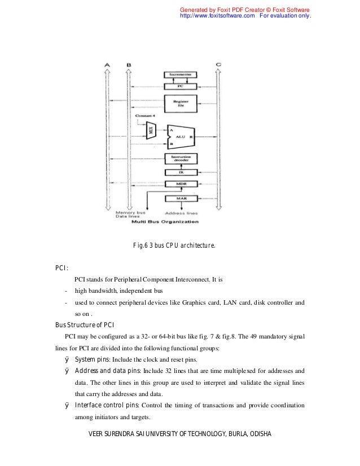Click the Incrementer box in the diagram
pos(181,74)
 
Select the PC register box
pos(181,86)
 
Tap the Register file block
pos(181,103)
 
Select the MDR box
pos(181,184)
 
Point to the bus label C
pos(218,65)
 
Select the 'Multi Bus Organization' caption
pos(165,222)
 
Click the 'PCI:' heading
pos(62,268)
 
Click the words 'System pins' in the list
pos(93,359)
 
